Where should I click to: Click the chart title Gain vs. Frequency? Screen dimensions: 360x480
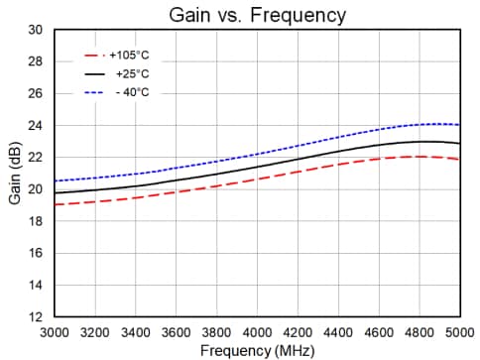click(256, 15)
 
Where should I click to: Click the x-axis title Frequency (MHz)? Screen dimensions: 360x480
click(257, 350)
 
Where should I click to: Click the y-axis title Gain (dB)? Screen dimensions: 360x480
click(15, 174)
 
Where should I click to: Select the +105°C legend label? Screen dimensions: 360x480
click(130, 57)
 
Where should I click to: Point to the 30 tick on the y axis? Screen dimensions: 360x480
click(36, 30)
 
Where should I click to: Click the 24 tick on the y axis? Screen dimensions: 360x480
click(36, 126)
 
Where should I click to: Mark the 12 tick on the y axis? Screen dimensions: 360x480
click(36, 317)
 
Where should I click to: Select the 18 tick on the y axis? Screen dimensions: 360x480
click(36, 221)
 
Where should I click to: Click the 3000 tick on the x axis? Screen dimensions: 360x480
click(55, 332)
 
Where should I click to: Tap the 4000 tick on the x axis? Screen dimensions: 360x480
click(257, 332)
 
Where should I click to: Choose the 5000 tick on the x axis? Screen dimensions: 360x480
click(458, 332)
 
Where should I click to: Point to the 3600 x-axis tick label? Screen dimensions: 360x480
click(176, 332)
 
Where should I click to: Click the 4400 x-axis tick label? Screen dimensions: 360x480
click(337, 332)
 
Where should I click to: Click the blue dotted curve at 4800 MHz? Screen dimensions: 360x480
click(419, 124)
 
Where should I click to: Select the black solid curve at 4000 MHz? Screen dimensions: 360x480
click(257, 166)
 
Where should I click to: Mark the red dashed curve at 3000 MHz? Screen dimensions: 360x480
click(56, 204)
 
